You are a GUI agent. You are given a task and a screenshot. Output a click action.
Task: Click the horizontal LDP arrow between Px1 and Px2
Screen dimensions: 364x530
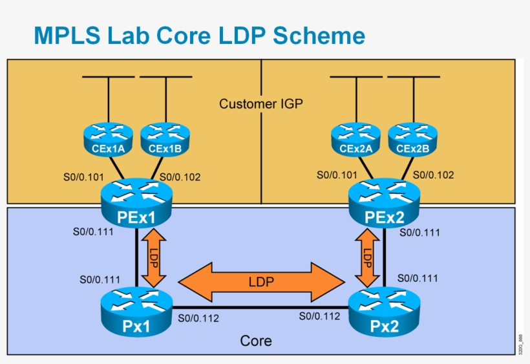point(261,282)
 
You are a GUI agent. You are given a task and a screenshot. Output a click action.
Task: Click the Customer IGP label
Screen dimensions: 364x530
point(260,103)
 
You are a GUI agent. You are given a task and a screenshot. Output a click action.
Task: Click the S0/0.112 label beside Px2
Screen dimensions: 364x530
point(319,316)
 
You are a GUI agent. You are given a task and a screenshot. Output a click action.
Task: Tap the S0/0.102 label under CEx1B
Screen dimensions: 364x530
point(180,175)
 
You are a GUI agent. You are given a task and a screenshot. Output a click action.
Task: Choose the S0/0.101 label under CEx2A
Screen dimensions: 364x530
point(337,175)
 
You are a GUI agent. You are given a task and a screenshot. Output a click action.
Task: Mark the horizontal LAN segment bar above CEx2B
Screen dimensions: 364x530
point(414,78)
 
